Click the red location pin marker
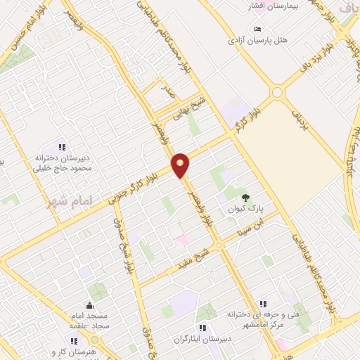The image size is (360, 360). pyautogui.click(x=181, y=165)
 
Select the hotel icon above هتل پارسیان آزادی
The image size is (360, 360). pyautogui.click(x=259, y=29)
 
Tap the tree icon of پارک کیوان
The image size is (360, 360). pyautogui.click(x=245, y=198)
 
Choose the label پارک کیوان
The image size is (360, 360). pyautogui.click(x=244, y=210)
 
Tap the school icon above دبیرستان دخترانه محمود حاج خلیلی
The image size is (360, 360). pyautogui.click(x=62, y=147)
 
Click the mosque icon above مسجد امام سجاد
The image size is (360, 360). pyautogui.click(x=89, y=305)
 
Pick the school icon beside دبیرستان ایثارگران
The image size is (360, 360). pyautogui.click(x=202, y=327)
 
